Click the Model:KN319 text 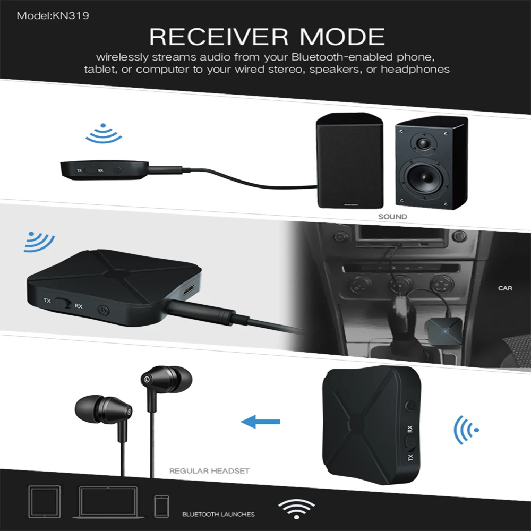point(53,16)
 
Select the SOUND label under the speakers point(392,217)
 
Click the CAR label point(505,288)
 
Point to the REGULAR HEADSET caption point(209,470)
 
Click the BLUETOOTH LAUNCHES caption point(218,514)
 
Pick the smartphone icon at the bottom point(161,506)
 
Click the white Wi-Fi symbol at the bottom point(297,509)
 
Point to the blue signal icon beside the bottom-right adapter point(466,429)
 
